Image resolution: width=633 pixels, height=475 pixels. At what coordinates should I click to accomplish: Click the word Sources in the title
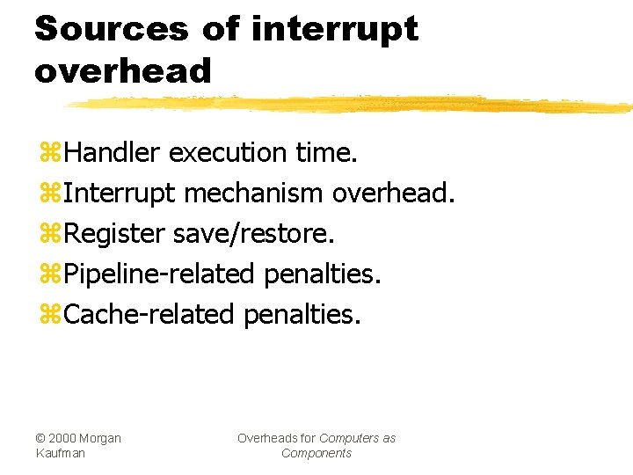tap(111, 28)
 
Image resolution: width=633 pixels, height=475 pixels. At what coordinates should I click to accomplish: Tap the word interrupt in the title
tap(335, 30)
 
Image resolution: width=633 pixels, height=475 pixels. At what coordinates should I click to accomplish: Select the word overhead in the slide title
tap(123, 70)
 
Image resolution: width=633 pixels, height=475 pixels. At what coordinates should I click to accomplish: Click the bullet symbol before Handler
tap(49, 153)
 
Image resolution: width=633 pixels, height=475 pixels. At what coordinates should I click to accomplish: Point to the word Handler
tap(112, 152)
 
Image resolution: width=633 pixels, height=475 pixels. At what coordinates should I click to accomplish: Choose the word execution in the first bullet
tap(228, 152)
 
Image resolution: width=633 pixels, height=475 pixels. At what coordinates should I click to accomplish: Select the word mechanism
tap(254, 193)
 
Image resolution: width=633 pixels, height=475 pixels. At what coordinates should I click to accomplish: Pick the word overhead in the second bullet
tap(394, 193)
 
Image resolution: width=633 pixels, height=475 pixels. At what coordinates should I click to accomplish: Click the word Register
tap(114, 233)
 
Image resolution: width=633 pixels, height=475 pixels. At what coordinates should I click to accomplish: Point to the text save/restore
tap(254, 233)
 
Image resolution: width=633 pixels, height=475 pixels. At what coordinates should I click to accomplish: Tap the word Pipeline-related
tap(160, 274)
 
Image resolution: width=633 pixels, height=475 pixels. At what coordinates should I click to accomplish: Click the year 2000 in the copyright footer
tap(63, 438)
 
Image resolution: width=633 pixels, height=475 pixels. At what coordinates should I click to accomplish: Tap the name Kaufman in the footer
tap(61, 453)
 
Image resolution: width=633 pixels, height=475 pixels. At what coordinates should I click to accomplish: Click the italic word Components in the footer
tap(316, 453)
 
